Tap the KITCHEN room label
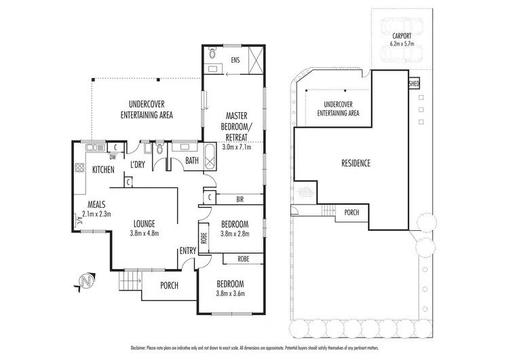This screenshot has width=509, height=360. [x=104, y=170]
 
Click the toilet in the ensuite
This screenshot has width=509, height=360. [x=212, y=51]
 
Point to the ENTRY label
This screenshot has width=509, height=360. [x=187, y=251]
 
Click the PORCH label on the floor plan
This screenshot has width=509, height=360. [x=168, y=285]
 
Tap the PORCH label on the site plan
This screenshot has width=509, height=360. [x=352, y=212]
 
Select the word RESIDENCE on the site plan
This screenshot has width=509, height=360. [x=355, y=164]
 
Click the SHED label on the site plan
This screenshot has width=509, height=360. [x=413, y=84]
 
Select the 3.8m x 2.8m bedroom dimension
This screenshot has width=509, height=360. [x=235, y=234]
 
